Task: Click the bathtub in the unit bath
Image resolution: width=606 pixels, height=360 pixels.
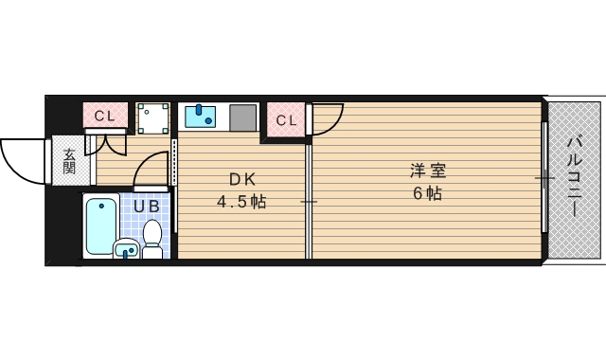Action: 100,225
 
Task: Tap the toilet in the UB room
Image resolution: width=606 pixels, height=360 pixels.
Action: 152,238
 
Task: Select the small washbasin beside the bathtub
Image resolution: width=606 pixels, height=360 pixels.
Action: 126,250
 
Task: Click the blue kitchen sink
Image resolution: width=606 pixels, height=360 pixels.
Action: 200,116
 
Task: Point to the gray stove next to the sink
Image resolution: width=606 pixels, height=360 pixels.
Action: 242,117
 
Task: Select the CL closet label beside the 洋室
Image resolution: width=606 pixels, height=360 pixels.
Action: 286,120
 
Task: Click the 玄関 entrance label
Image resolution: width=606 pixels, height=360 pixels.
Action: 69,161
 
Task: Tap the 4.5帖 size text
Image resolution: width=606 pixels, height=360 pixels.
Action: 241,202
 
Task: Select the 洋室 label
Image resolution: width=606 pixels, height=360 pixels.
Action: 427,171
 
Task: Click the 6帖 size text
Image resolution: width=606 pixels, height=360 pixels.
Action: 427,194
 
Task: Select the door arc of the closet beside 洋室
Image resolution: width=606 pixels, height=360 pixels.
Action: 324,119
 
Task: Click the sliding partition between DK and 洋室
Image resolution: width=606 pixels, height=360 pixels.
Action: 309,201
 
